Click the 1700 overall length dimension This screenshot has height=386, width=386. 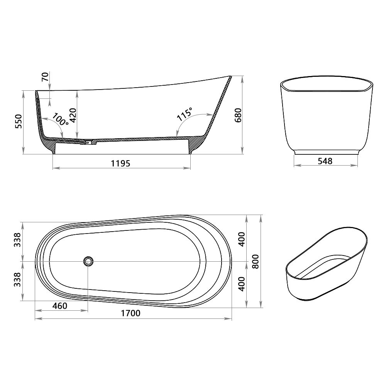click(x=131, y=313)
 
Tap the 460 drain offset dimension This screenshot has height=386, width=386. click(x=60, y=306)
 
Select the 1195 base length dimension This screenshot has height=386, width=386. click(x=120, y=163)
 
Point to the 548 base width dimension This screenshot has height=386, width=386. click(x=325, y=161)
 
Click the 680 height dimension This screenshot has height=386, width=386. click(x=238, y=115)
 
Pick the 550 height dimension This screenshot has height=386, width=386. click(x=19, y=121)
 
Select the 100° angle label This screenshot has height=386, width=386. click(x=60, y=119)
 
